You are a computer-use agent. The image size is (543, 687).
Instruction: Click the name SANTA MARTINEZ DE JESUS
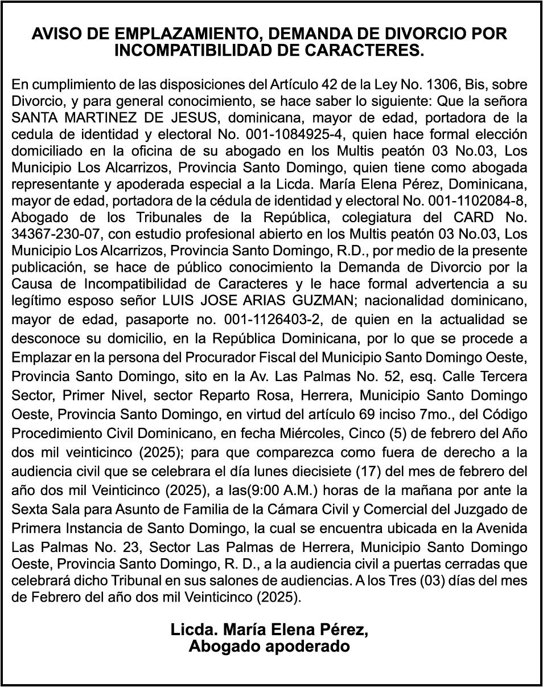pyautogui.click(x=104, y=118)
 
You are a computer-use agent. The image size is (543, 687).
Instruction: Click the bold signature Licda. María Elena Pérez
pyautogui.click(x=269, y=631)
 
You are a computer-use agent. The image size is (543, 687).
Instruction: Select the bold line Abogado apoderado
pyautogui.click(x=269, y=647)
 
